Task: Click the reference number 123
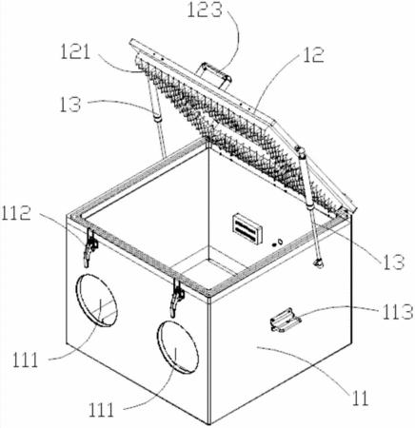tap(205, 10)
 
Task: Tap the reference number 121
tap(75, 51)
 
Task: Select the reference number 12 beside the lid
tap(313, 54)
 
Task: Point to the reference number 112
tap(16, 212)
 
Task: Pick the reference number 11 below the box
tap(359, 398)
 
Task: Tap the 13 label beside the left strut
tap(70, 105)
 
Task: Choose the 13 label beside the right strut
tap(394, 263)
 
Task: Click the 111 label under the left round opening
tap(26, 360)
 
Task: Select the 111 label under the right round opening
tap(101, 410)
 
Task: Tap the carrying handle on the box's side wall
tap(286, 320)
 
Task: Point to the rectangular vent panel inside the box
tap(247, 228)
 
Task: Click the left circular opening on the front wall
tap(96, 300)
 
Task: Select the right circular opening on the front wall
tap(178, 346)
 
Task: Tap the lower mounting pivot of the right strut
tap(318, 263)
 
